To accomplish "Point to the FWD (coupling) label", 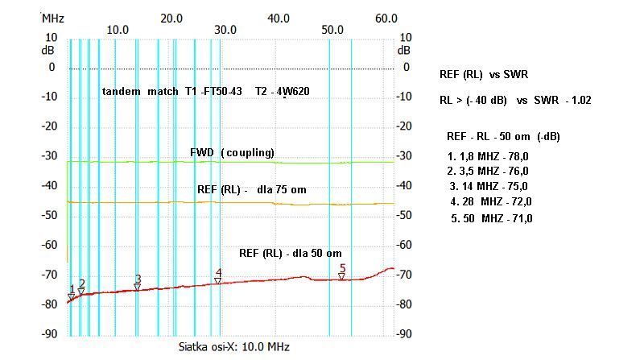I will click(x=232, y=152).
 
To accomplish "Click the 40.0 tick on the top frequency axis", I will click(x=279, y=18).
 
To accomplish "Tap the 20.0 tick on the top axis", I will click(x=171, y=18).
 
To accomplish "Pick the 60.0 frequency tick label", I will click(x=386, y=18).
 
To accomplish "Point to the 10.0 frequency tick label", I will click(x=118, y=30).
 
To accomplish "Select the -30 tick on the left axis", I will click(x=50, y=155).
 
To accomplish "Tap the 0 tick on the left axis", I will click(x=52, y=67).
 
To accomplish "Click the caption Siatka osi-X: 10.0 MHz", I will click(x=233, y=347).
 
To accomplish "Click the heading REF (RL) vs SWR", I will click(x=484, y=74).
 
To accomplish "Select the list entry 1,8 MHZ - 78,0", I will click(x=489, y=156).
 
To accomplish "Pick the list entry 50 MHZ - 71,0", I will click(x=492, y=218).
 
